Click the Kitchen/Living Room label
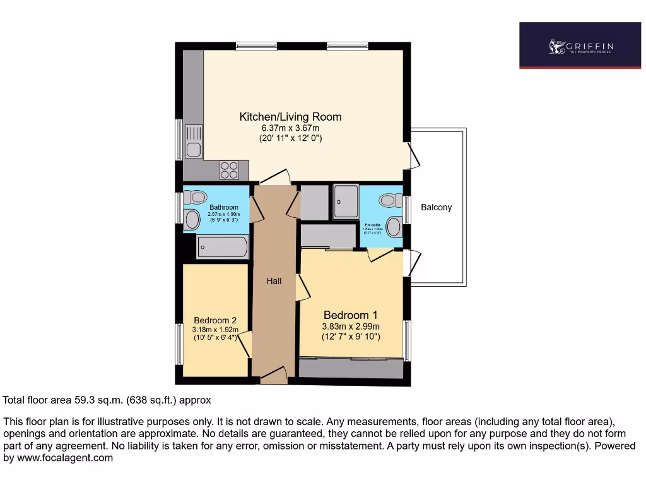click(290, 117)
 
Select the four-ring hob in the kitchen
click(229, 171)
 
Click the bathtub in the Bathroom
click(221, 247)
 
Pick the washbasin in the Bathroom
click(192, 219)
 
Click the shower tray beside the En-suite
click(345, 201)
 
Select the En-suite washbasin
click(395, 226)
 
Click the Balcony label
click(436, 207)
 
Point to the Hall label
click(274, 281)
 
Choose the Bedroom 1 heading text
click(350, 315)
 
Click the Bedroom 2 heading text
click(215, 320)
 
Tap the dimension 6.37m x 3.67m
click(290, 128)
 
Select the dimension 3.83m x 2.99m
click(351, 326)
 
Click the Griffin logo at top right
click(580, 46)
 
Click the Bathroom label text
click(224, 207)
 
